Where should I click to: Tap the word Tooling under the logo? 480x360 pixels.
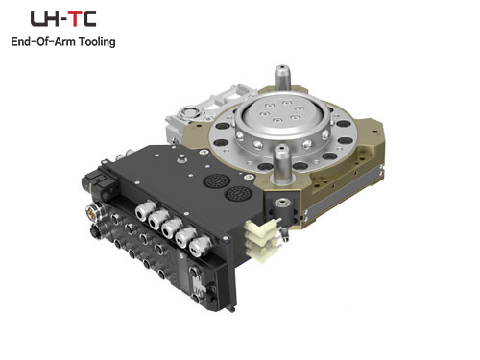pos(97,42)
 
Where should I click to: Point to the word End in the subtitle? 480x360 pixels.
pos(19,41)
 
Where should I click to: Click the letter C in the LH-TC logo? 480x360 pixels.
pos(89,18)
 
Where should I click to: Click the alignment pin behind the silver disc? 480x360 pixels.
pos(282,76)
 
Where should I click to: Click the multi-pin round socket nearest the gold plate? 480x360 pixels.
pos(238,194)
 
